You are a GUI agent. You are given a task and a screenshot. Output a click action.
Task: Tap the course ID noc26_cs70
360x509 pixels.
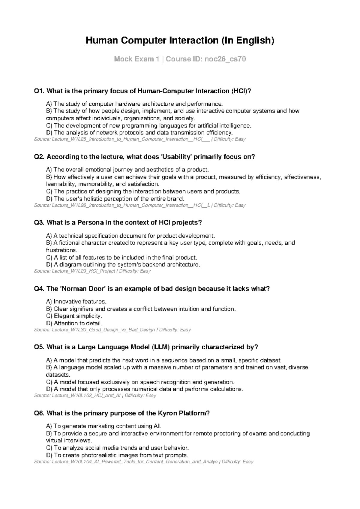225,59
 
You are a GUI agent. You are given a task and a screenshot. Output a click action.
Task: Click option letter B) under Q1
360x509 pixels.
49,111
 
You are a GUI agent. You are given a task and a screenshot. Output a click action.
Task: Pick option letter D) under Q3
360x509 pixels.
49,265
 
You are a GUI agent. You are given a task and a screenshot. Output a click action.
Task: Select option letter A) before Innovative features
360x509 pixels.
49,302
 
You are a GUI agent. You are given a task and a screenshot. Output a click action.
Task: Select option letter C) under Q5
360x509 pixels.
49,382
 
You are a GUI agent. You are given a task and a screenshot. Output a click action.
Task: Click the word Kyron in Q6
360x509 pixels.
167,413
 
